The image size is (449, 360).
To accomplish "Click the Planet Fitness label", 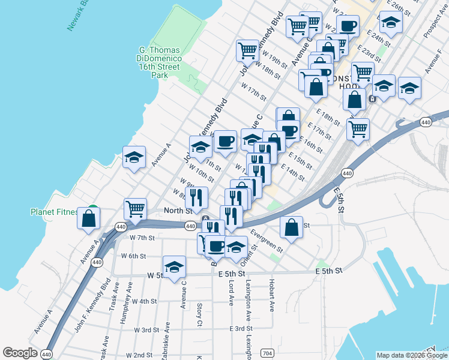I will [x=55, y=212].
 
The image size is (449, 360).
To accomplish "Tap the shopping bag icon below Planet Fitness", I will [x=89, y=218].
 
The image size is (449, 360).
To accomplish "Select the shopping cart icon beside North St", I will [x=136, y=209].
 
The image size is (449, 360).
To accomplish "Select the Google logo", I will [x=20, y=353].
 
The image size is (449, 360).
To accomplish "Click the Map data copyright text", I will [x=412, y=355].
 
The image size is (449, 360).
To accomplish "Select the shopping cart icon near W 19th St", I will [x=247, y=51].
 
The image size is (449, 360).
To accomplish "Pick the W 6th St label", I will [x=133, y=256].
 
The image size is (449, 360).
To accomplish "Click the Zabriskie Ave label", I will [x=165, y=341].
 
